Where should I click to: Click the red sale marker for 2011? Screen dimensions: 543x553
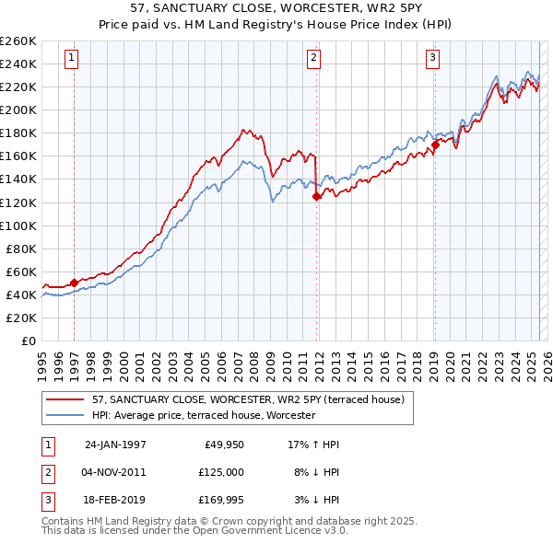click(316, 196)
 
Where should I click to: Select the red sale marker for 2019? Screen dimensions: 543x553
click(434, 144)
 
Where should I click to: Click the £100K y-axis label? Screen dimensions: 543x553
click(18, 225)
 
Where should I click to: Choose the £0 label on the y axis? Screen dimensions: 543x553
click(28, 341)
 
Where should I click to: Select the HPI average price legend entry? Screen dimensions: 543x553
click(204, 416)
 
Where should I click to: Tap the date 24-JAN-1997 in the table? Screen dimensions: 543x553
click(115, 445)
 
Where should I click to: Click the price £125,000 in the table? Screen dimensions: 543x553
click(222, 472)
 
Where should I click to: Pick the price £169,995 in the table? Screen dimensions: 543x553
click(222, 500)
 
